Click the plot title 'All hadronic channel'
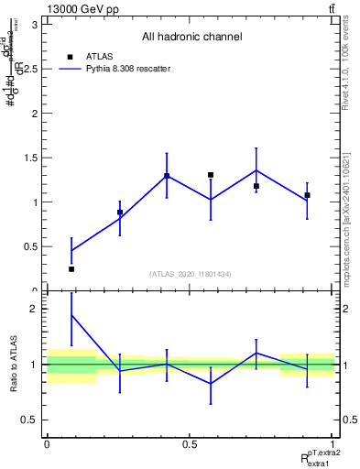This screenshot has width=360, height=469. (x=191, y=38)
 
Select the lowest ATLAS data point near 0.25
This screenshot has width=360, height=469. (x=71, y=268)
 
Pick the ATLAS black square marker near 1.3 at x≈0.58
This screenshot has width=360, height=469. (x=211, y=175)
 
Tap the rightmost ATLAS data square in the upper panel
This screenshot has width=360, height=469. (x=307, y=195)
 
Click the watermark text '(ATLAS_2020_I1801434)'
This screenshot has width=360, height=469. (x=190, y=274)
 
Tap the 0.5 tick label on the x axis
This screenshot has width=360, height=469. (x=190, y=443)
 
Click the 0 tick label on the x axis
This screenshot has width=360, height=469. (x=47, y=443)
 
